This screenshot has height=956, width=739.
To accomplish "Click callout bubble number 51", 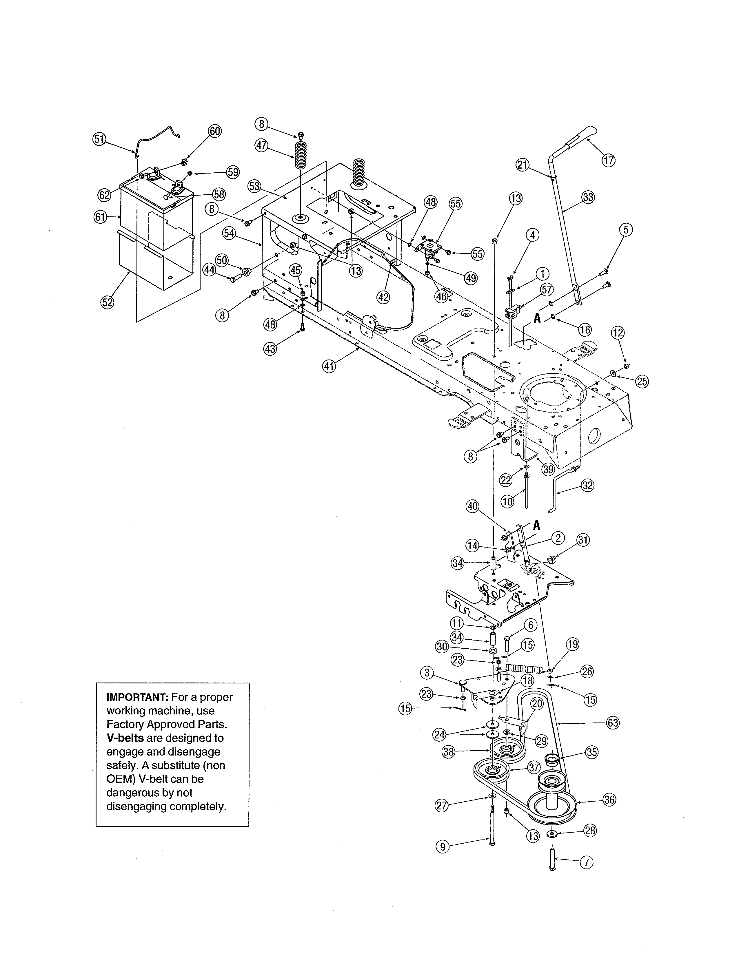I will (x=99, y=139).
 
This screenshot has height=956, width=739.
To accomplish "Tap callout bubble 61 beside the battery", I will (x=101, y=217).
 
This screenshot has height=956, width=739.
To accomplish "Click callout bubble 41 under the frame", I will (x=329, y=366).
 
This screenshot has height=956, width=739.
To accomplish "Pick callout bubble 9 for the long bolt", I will (x=443, y=846).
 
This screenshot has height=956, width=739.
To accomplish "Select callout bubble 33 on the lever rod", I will (x=588, y=197).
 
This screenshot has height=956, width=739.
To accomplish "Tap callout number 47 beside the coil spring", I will (x=261, y=145).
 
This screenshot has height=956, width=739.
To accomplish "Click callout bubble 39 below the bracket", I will (x=548, y=469).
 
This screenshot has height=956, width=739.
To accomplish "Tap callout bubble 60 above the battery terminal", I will (x=214, y=131).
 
